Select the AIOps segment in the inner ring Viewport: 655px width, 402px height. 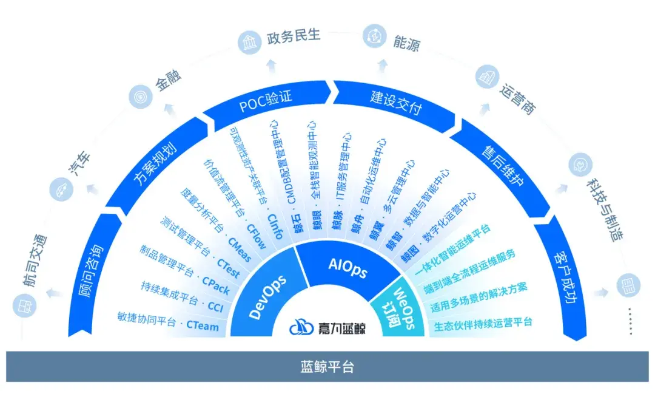pos(348,268)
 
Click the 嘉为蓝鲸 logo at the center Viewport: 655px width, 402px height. pos(327,328)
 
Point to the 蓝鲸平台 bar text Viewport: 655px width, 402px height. pos(327,367)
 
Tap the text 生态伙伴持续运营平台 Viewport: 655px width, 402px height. pos(483,323)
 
